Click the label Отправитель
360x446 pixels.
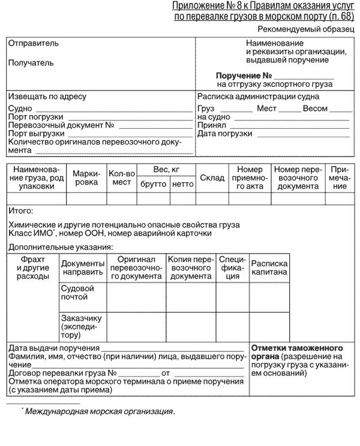click(x=34, y=44)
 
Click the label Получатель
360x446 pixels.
click(x=31, y=62)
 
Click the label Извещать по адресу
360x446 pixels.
click(x=47, y=97)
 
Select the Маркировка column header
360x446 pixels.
click(x=86, y=177)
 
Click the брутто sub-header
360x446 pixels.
click(x=153, y=184)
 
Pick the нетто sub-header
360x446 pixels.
click(x=182, y=184)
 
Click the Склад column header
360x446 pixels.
click(x=212, y=178)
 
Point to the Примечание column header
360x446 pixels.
click(x=340, y=177)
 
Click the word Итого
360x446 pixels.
click(x=21, y=211)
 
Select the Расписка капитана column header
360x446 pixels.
click(x=269, y=268)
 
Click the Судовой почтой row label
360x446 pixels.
click(x=77, y=293)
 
